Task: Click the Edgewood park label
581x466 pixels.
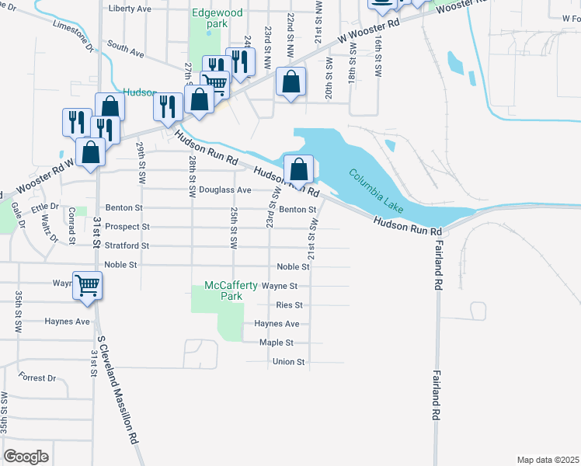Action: (x=210, y=18)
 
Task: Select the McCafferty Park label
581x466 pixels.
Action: (x=231, y=290)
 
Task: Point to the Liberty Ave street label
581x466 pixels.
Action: (x=130, y=9)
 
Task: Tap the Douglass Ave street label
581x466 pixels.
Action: (x=225, y=190)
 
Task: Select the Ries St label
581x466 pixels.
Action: (x=289, y=305)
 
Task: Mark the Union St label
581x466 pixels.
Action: (x=288, y=362)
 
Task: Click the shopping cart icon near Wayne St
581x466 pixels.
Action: (x=88, y=285)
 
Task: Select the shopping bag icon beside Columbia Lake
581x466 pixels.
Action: (x=299, y=169)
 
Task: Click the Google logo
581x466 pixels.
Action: (x=26, y=457)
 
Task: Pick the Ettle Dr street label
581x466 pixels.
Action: (x=45, y=207)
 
